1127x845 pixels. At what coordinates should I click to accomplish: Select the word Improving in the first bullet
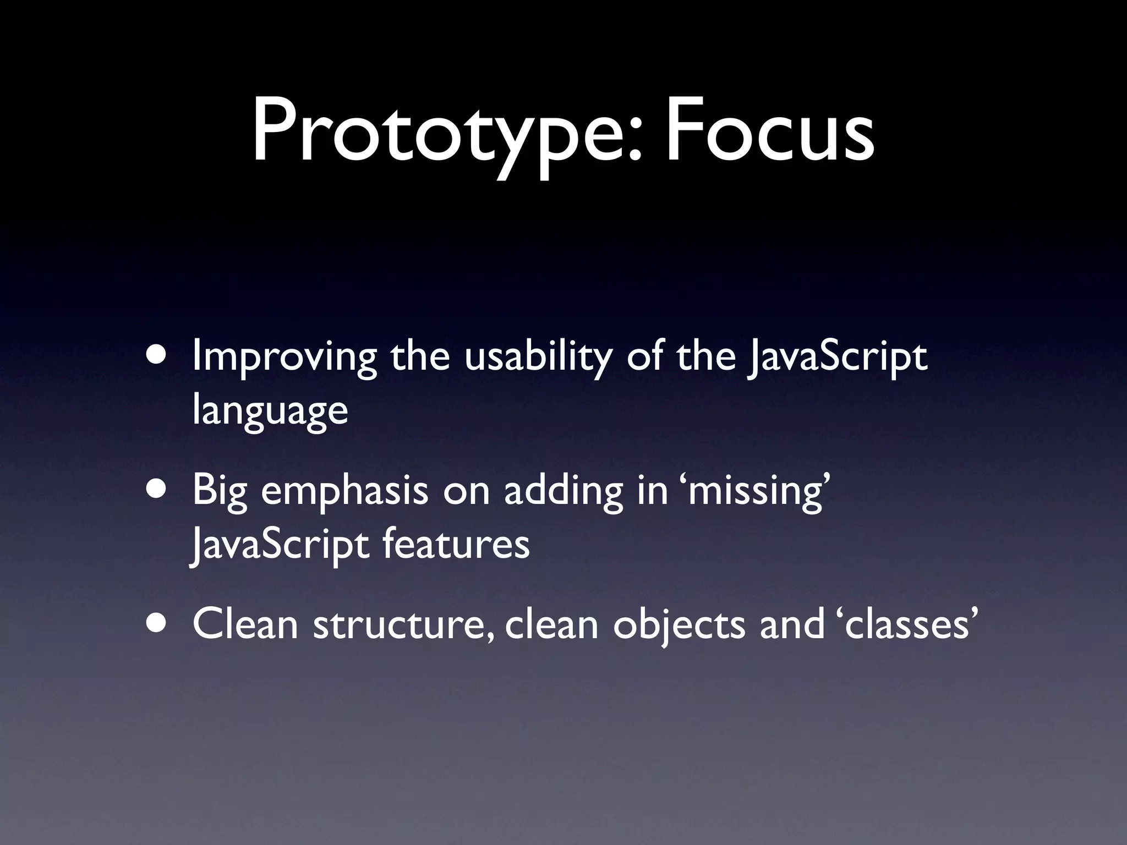tap(284, 358)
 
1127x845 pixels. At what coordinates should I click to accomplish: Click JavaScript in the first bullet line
tap(836, 358)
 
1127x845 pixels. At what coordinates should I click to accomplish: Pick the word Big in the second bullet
tap(220, 492)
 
